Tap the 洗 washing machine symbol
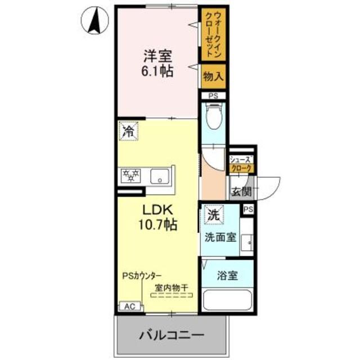(213, 214)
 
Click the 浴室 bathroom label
(227, 276)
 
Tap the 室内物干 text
(172, 288)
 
